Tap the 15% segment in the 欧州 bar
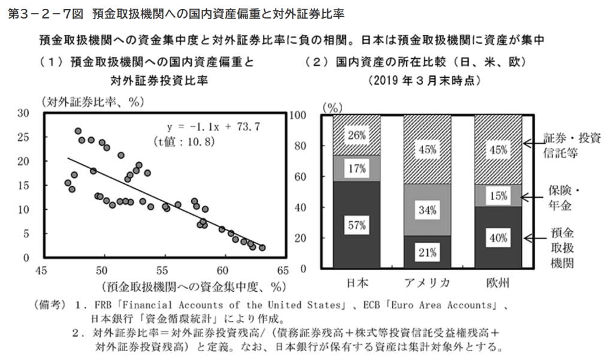(498, 195)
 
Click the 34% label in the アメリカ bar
(427, 210)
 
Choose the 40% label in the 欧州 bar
(498, 238)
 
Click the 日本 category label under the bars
(358, 282)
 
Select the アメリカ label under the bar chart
(427, 282)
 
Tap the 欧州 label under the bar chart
(498, 282)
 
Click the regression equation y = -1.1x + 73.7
(213, 127)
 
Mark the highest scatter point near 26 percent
(78, 131)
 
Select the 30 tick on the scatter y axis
(24, 113)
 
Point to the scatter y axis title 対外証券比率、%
(90, 102)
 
